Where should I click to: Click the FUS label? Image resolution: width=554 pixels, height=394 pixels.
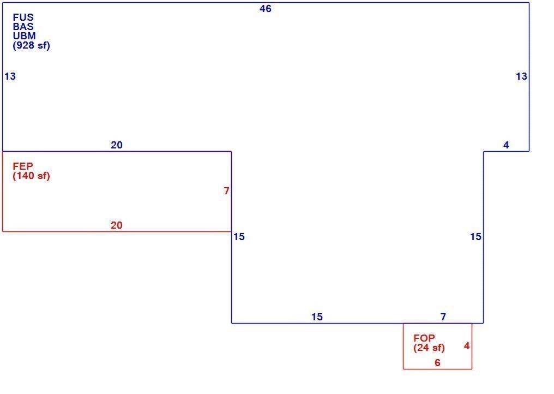(x=23, y=17)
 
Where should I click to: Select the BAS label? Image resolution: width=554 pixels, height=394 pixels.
(x=23, y=27)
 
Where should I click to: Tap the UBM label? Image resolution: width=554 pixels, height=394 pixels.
(x=25, y=35)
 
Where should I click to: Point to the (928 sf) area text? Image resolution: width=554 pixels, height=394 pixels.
(x=32, y=45)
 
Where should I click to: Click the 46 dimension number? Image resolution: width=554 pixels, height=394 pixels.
(x=266, y=9)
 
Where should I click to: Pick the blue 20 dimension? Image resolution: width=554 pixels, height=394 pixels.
(x=117, y=145)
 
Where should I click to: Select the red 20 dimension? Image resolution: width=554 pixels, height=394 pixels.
(x=117, y=225)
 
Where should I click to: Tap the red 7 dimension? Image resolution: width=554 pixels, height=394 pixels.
(x=226, y=191)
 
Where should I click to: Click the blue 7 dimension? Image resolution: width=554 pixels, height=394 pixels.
(x=443, y=317)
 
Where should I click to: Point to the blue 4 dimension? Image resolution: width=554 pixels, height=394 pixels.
(x=506, y=145)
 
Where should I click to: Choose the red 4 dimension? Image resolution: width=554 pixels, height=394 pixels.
(x=467, y=346)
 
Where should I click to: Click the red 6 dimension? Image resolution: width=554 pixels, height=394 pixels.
(x=437, y=363)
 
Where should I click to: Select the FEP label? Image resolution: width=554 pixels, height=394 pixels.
(x=23, y=166)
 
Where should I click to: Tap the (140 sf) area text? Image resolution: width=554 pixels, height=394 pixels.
(x=32, y=176)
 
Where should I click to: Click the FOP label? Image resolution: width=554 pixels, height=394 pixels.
(x=424, y=338)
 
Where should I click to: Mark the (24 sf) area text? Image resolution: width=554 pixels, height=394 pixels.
(x=429, y=348)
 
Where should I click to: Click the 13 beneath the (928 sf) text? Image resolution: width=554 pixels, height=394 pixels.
(x=10, y=76)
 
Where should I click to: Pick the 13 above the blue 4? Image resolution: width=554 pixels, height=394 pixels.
(x=521, y=76)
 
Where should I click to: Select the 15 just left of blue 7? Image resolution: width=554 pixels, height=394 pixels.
(x=317, y=317)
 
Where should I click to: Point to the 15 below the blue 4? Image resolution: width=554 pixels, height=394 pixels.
(x=475, y=237)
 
